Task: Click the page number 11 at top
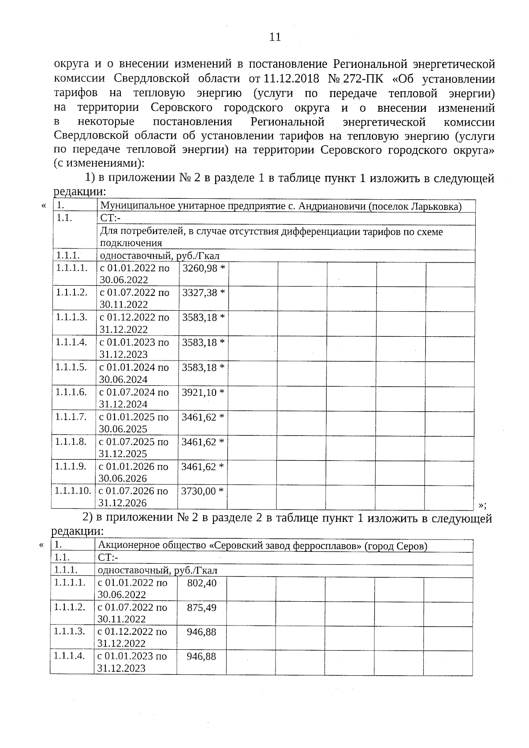(x=275, y=37)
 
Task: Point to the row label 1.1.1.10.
(x=73, y=491)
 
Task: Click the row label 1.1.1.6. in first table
(x=71, y=392)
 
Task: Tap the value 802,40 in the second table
(x=201, y=583)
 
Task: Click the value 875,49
(x=201, y=608)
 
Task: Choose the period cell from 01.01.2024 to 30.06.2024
(x=134, y=373)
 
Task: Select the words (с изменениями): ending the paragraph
(x=99, y=163)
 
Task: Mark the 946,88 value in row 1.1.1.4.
(x=201, y=656)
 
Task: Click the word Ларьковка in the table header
(x=437, y=206)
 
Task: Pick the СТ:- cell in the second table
(x=108, y=558)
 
